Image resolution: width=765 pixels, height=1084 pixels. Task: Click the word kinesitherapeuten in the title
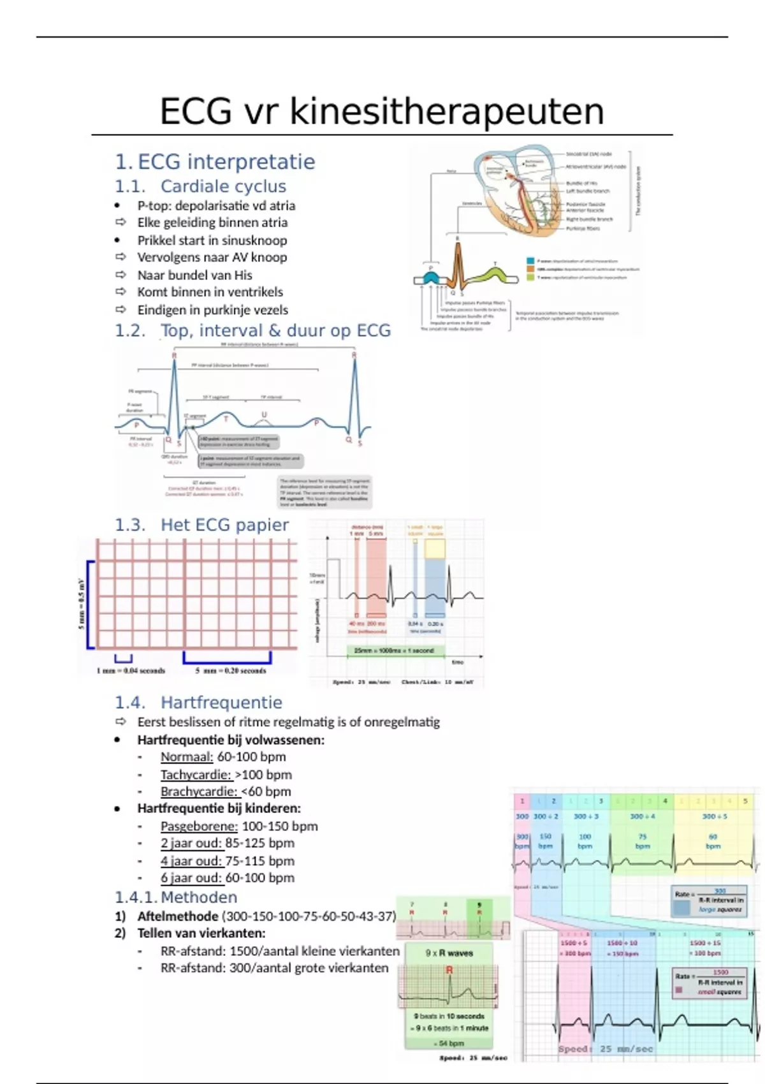(x=446, y=112)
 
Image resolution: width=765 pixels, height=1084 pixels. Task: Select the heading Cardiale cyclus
(x=223, y=186)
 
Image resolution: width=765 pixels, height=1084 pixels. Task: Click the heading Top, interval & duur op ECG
(x=275, y=330)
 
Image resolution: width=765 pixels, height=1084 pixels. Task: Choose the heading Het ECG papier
(x=224, y=525)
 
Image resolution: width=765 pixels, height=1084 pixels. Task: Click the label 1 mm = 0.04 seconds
(x=131, y=671)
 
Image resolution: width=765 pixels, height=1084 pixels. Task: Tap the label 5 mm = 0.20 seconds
(x=231, y=671)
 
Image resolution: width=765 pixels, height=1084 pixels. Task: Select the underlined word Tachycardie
(x=196, y=775)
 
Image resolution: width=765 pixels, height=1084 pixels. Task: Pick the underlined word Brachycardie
(x=200, y=791)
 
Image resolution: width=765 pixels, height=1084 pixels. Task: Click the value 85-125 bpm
(x=260, y=843)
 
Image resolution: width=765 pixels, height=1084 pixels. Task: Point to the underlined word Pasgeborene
(x=199, y=826)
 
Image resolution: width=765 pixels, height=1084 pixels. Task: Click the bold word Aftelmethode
(x=178, y=916)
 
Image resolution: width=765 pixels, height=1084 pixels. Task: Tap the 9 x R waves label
(x=449, y=953)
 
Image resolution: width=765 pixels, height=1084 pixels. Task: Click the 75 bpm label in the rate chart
(x=642, y=841)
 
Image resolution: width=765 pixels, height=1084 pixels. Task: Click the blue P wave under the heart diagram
(x=430, y=278)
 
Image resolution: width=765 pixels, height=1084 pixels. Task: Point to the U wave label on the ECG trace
(x=264, y=415)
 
